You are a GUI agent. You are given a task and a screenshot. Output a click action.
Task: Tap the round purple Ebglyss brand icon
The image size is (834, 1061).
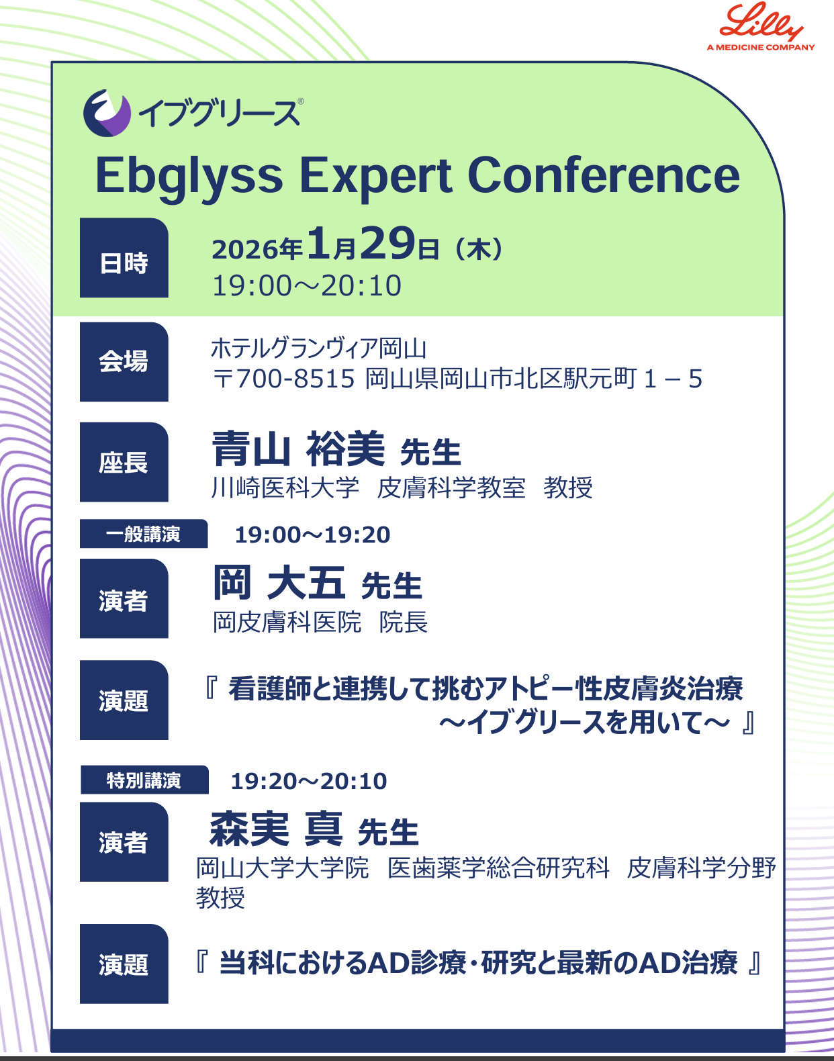[x=107, y=113]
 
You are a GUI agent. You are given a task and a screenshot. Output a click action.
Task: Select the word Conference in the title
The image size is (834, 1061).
[x=604, y=175]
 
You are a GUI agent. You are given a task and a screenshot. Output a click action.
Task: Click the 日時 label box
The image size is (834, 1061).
[x=124, y=258]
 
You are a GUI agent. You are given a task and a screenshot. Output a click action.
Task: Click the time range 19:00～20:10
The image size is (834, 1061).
[x=306, y=285]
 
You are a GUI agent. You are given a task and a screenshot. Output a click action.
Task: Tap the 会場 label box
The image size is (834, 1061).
[x=124, y=362]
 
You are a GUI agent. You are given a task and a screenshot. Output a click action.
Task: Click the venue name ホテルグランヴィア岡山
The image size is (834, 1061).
[x=318, y=348]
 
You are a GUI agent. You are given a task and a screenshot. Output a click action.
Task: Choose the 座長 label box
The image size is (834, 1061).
[x=124, y=462]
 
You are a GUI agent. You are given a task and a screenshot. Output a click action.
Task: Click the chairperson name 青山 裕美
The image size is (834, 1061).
[x=298, y=448]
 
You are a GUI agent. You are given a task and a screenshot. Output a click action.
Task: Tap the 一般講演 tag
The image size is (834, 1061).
[x=144, y=533]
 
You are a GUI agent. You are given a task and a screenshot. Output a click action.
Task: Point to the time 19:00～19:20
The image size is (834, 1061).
[x=312, y=535]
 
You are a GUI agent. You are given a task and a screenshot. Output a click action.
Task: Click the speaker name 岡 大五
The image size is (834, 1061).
[x=279, y=582]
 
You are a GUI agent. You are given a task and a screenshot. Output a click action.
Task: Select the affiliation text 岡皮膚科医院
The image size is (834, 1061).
[x=287, y=622]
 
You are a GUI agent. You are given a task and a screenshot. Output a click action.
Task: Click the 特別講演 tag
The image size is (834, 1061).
[x=144, y=780]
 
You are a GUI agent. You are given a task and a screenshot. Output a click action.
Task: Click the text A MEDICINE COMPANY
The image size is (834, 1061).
[x=761, y=47]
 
